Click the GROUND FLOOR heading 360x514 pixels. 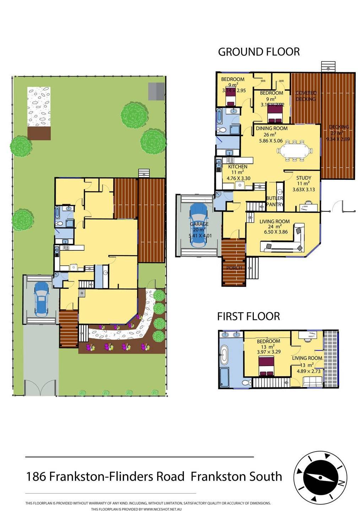(258, 52)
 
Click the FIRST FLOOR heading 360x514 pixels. (248, 316)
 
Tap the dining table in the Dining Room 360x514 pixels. (295, 151)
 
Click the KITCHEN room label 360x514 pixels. (238, 166)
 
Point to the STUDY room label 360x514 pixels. (304, 178)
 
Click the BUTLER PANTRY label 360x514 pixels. (274, 201)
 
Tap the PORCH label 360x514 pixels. (234, 268)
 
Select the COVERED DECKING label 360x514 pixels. (306, 96)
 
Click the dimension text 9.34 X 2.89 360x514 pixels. (338, 139)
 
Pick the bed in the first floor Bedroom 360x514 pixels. (267, 366)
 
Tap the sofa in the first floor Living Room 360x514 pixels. (312, 381)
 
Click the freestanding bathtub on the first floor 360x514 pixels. (224, 355)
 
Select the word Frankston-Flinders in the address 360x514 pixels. (117, 476)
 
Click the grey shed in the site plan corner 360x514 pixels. (156, 91)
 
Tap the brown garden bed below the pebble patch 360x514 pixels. (39, 133)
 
